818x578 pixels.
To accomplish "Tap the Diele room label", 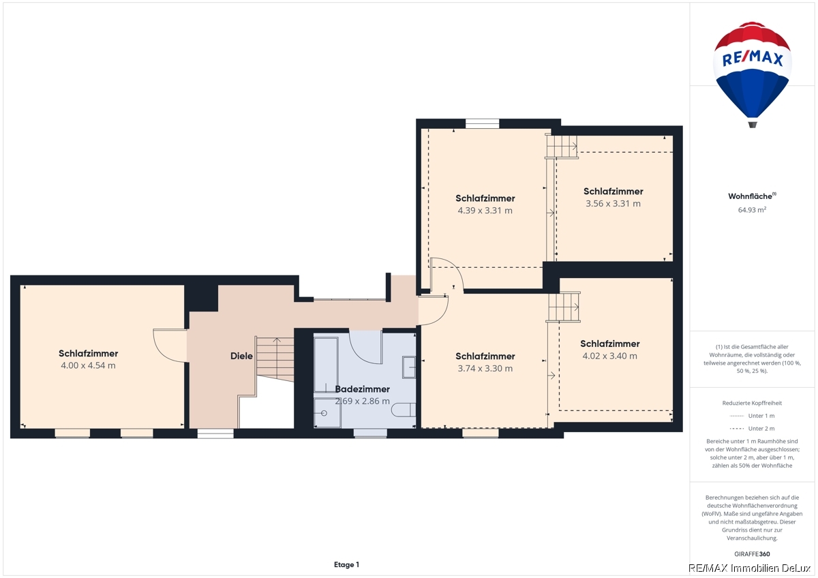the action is [241, 356].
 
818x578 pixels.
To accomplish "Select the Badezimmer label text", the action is [362, 389].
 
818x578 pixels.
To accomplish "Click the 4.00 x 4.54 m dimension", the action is [88, 365].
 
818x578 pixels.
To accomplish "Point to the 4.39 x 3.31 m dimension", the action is [485, 211].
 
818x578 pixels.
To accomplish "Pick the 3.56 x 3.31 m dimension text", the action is [613, 203].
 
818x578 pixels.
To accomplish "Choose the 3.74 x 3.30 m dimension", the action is [485, 369].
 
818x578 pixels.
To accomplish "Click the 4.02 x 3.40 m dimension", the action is [609, 356].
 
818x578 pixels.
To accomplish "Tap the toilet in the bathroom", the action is [404, 410].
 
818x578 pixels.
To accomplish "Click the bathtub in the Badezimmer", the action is [326, 365].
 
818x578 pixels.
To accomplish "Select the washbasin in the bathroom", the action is [409, 367].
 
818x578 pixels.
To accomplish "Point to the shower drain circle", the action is [324, 413].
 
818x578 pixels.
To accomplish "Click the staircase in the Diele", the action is [275, 359].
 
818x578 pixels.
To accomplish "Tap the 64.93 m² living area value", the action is [752, 210].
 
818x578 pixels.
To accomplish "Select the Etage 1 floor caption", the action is [346, 564].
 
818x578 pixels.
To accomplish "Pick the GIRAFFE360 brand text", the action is [752, 554].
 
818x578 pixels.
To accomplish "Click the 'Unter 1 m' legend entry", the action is [752, 416].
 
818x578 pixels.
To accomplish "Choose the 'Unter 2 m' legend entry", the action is [752, 428].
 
